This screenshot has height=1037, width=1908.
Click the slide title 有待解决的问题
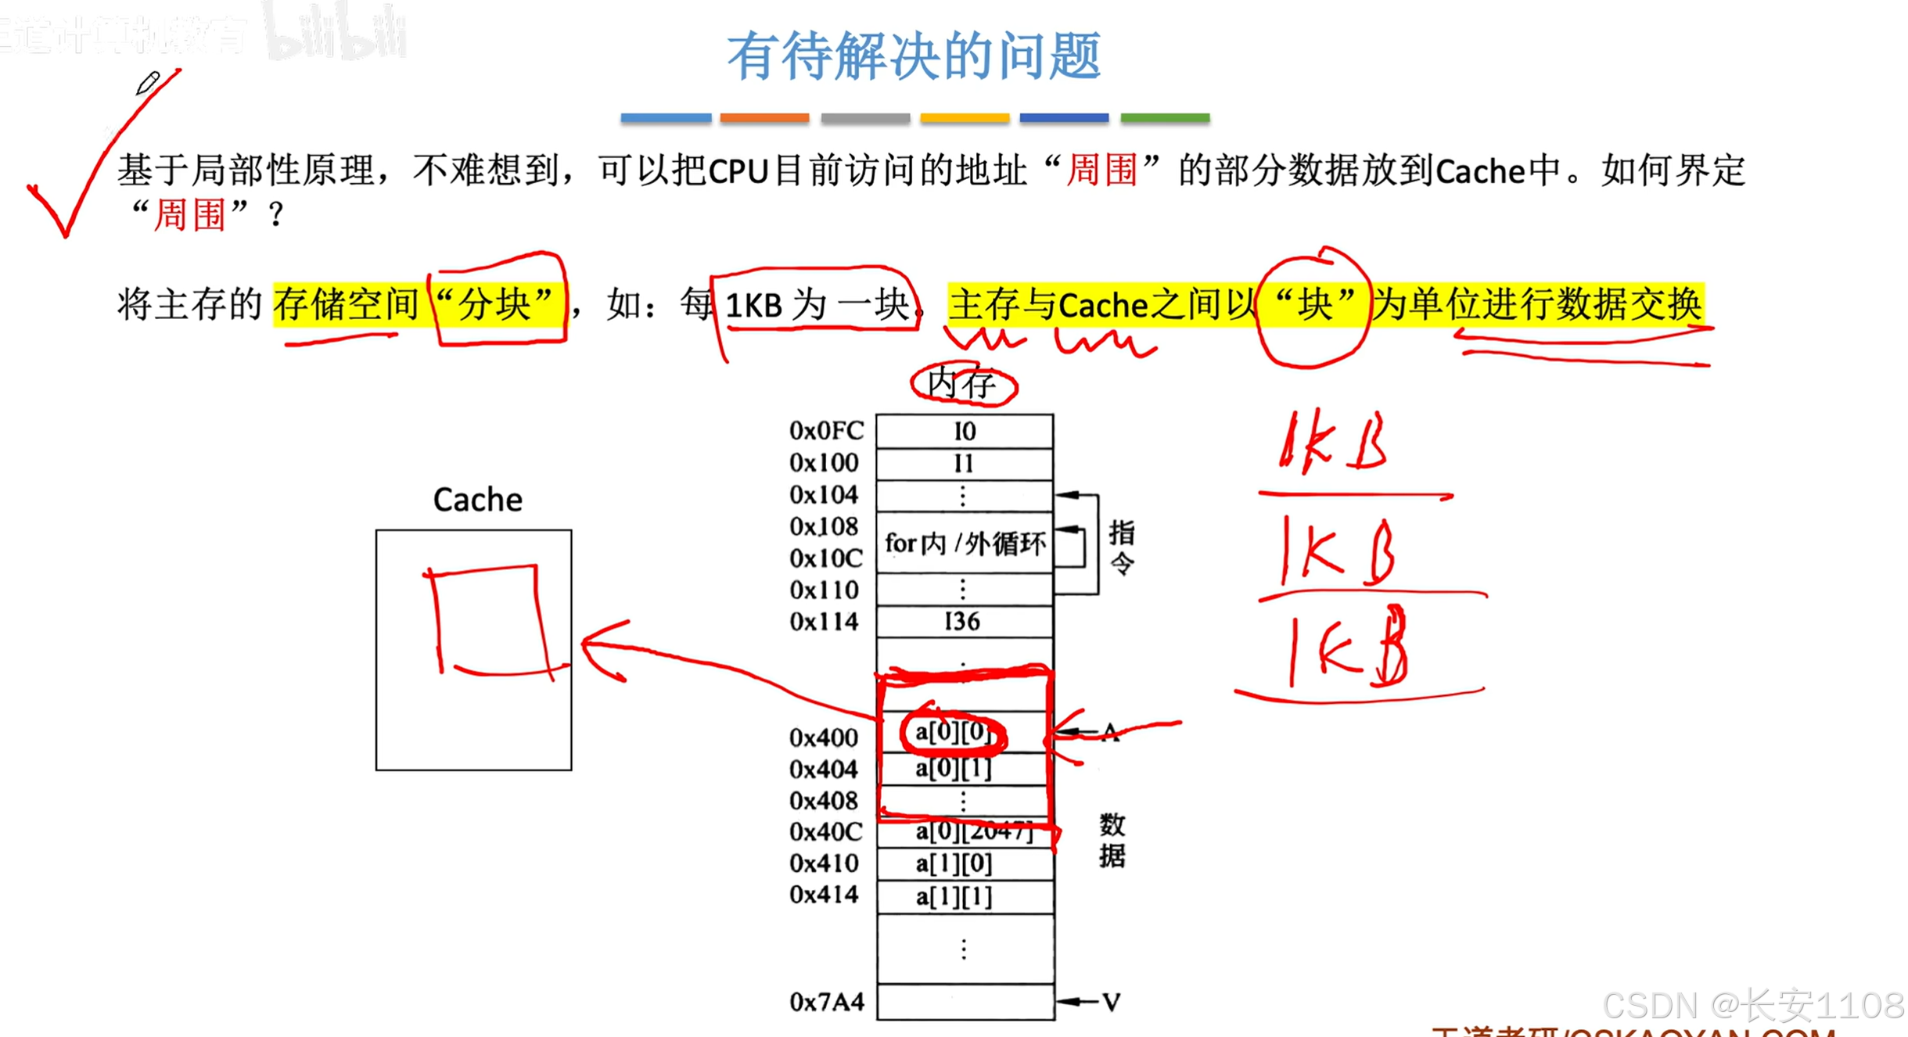[x=914, y=56]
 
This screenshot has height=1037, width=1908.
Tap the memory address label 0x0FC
[x=825, y=431]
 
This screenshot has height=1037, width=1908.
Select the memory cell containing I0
[x=964, y=431]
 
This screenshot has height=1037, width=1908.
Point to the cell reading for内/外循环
[x=964, y=543]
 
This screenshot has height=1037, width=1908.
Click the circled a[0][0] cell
[x=952, y=733]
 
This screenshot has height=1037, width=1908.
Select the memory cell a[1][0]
[x=954, y=863]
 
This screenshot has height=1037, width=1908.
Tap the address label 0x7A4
[x=826, y=1002]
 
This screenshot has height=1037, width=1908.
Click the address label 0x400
[x=823, y=737]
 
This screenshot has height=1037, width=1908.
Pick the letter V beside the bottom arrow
[x=1111, y=1002]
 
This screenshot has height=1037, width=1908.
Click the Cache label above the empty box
[x=477, y=500]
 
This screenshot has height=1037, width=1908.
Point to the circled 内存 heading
[x=962, y=384]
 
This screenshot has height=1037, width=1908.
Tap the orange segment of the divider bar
[x=764, y=118]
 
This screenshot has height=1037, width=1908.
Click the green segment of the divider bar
[x=1164, y=118]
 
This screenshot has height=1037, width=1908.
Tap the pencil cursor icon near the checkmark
[x=147, y=82]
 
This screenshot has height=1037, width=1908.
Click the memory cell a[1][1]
[x=954, y=896]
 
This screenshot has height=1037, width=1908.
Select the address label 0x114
[x=823, y=622]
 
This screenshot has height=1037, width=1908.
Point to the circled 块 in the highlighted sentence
[x=1313, y=303]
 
